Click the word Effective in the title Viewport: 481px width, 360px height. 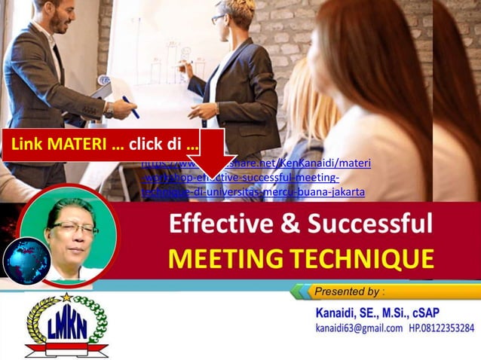[210, 225]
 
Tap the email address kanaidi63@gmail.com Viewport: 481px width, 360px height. [360, 328]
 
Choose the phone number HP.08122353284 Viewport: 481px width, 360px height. [442, 328]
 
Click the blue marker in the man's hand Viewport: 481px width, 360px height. [130, 107]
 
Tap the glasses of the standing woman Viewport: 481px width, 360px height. [218, 19]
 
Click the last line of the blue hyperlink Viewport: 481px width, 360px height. [253, 192]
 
